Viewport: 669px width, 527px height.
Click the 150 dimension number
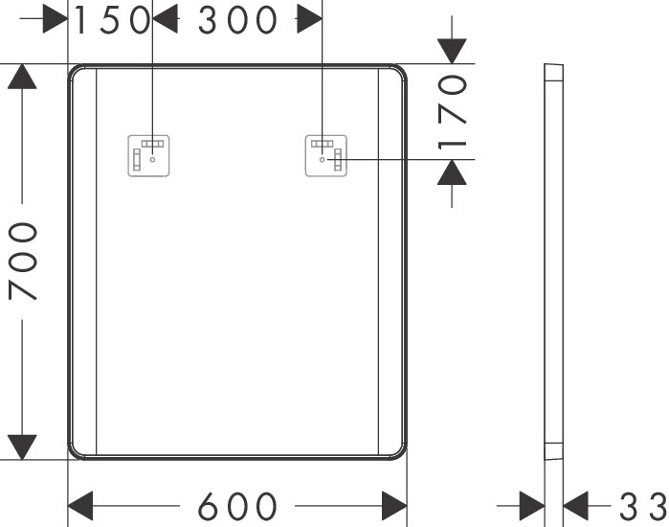[x=112, y=19]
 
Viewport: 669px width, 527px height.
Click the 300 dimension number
[x=238, y=19]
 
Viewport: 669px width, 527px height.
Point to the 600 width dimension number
[x=238, y=505]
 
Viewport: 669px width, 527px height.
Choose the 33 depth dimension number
[x=642, y=505]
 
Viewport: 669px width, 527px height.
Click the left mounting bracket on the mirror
[x=149, y=157]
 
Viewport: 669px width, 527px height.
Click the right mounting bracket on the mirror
[x=327, y=157]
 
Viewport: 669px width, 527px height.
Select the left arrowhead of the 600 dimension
[x=80, y=505]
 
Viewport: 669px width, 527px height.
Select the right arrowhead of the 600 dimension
[x=394, y=505]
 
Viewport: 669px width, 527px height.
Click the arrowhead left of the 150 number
[x=55, y=19]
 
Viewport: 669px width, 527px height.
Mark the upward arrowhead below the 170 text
[x=452, y=172]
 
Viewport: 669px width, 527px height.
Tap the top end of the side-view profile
[x=553, y=67]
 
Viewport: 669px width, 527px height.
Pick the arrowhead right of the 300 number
[x=309, y=19]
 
